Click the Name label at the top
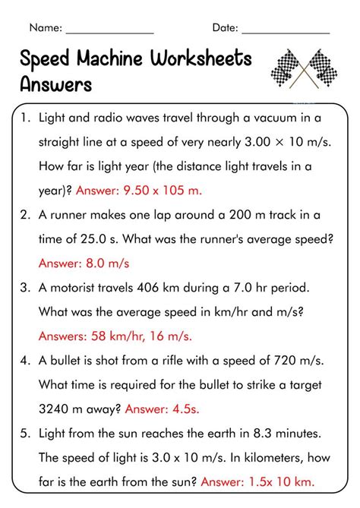click(x=45, y=27)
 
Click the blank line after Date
click(x=286, y=30)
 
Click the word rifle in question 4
click(x=195, y=361)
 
